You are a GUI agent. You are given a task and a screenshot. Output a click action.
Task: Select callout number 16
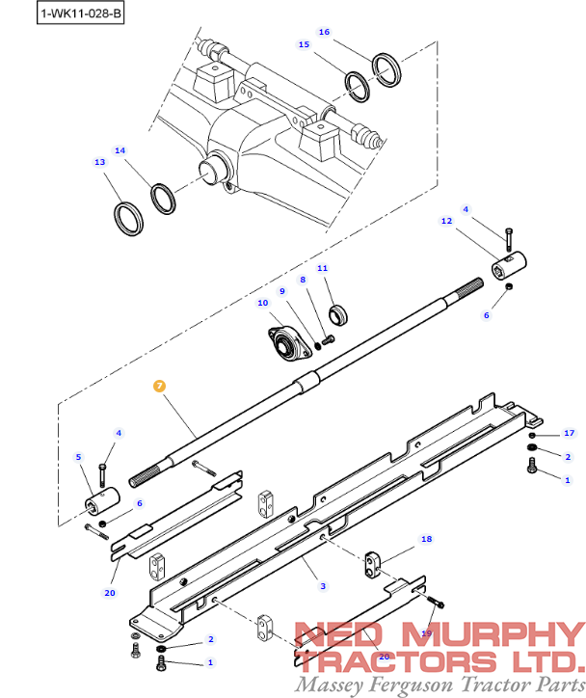tap(324, 32)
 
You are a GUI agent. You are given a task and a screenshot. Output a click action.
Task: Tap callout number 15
tap(304, 44)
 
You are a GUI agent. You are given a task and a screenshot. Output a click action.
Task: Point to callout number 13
tap(99, 162)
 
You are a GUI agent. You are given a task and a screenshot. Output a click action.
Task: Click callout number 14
tap(120, 150)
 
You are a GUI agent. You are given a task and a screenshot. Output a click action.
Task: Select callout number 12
tap(446, 221)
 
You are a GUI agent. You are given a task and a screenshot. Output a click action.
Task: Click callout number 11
tap(323, 268)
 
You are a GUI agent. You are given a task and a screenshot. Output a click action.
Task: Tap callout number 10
tap(262, 303)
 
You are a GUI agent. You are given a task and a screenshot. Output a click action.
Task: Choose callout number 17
tap(569, 433)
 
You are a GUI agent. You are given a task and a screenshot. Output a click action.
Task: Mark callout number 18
tap(426, 539)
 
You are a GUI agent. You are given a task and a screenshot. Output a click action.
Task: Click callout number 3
tap(323, 586)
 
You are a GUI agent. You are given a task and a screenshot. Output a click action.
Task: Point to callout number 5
tap(79, 457)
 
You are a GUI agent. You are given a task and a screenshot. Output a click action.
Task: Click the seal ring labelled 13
tap(128, 217)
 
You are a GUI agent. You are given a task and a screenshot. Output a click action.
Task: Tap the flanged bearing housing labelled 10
tap(287, 342)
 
